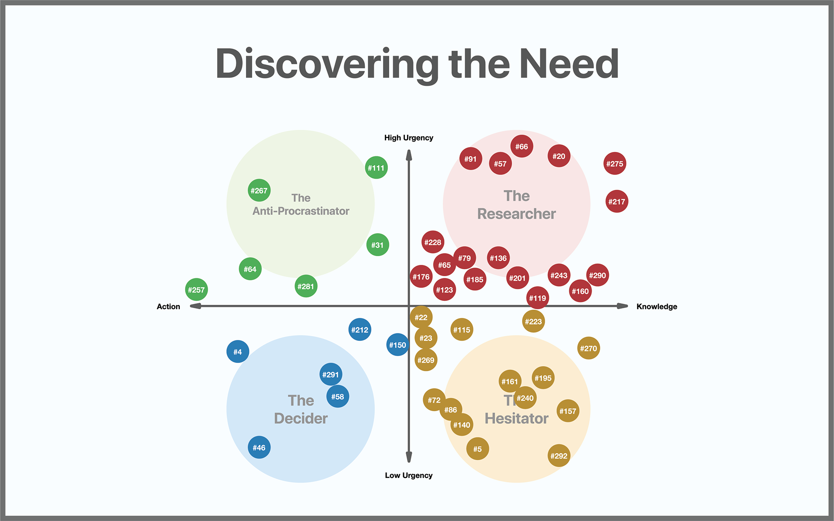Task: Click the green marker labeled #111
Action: [x=376, y=168]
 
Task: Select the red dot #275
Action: [x=615, y=164]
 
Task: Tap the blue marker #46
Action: [x=259, y=447]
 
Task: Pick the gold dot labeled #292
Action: [x=559, y=455]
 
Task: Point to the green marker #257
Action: [x=196, y=290]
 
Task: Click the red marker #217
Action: [x=616, y=201]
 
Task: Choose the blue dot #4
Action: [x=238, y=352]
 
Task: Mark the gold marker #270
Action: [x=589, y=348]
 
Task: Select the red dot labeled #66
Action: [x=522, y=146]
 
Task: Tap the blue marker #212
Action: [x=360, y=330]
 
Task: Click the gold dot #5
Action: [x=477, y=449]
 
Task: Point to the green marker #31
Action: [x=377, y=245]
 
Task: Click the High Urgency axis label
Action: [x=409, y=138]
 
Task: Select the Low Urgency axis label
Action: [x=409, y=475]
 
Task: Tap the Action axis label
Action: [x=168, y=307]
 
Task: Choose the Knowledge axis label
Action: [x=656, y=307]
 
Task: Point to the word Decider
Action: [x=301, y=418]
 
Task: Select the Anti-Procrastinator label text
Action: [x=301, y=211]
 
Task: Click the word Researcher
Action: [x=516, y=214]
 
